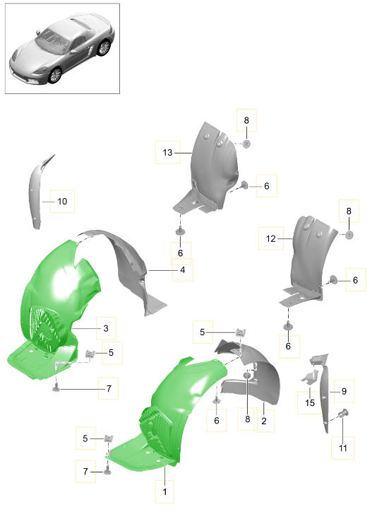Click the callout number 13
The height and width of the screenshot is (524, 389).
(167, 153)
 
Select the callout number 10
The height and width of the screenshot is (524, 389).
(62, 202)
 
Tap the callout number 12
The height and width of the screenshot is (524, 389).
(271, 238)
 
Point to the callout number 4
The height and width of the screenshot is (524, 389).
(182, 270)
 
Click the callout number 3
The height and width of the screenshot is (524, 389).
(106, 329)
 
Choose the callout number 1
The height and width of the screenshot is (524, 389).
(164, 492)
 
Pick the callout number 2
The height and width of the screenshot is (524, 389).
(264, 421)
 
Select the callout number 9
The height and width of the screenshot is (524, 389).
(344, 391)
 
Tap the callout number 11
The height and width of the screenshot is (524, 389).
(343, 448)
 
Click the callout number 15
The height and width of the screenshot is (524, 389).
(310, 403)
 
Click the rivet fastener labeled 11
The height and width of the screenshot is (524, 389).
(343, 414)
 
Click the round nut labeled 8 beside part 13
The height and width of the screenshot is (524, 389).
(246, 144)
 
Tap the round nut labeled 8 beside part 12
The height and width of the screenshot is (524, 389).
(349, 235)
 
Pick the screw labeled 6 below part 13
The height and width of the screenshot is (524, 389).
(181, 231)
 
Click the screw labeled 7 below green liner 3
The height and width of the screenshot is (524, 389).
(56, 388)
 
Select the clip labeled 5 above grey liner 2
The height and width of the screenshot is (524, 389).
(241, 332)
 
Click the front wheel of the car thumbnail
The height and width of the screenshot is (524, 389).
(55, 75)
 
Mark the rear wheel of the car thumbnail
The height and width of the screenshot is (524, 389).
(104, 47)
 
